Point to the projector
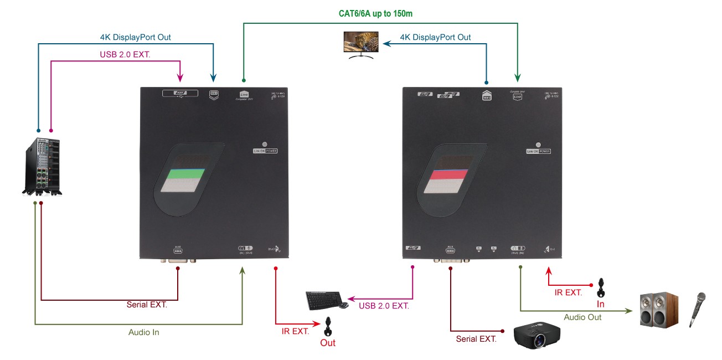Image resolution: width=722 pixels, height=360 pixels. click(x=536, y=333)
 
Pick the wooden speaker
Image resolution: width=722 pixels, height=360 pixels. click(x=658, y=310)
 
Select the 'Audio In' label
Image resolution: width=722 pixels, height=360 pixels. click(x=144, y=332)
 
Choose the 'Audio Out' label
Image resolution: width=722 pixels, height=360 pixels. click(x=582, y=317)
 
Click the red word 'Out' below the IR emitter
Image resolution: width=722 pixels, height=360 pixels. click(x=328, y=343)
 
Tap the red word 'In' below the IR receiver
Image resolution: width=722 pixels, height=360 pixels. click(x=600, y=305)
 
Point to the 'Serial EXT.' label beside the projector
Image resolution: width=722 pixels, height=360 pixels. click(x=476, y=338)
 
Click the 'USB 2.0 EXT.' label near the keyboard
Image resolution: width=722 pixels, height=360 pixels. click(x=384, y=305)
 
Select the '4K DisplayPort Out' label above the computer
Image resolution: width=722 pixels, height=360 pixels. click(x=135, y=37)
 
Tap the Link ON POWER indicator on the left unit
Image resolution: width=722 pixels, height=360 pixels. click(x=265, y=150)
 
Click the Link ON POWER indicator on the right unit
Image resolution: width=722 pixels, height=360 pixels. click(x=539, y=151)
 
